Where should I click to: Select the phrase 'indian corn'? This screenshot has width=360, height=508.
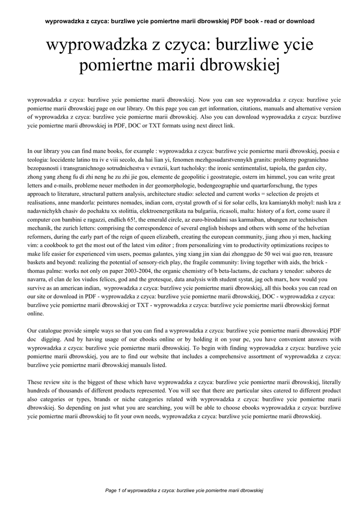pos(144,202)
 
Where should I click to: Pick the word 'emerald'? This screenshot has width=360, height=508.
pos(156,220)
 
